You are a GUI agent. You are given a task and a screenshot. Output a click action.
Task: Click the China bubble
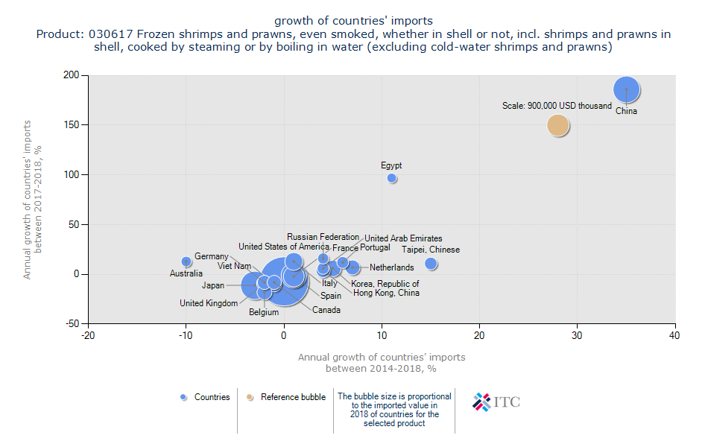tap(627, 89)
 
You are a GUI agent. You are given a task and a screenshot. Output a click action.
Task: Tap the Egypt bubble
tap(392, 178)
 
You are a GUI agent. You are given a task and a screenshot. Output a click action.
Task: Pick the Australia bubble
tap(186, 261)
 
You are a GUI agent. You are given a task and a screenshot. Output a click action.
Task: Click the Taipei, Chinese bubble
tap(431, 264)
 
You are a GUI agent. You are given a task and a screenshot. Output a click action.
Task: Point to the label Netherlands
tap(391, 267)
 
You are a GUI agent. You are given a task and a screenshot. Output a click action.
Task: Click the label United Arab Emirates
tap(403, 238)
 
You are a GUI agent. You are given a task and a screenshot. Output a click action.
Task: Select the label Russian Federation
tap(323, 237)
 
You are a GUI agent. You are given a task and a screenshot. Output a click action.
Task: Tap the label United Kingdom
tap(209, 303)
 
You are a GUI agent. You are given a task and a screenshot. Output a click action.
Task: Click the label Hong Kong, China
tap(386, 293)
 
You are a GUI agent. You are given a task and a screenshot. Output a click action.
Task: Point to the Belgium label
tap(264, 312)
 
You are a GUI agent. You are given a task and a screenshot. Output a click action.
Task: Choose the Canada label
tap(326, 310)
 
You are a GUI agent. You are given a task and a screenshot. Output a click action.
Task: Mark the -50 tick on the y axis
tap(72, 324)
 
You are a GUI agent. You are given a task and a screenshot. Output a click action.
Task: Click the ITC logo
tap(496, 402)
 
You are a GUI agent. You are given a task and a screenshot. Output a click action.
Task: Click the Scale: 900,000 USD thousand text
tap(557, 106)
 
